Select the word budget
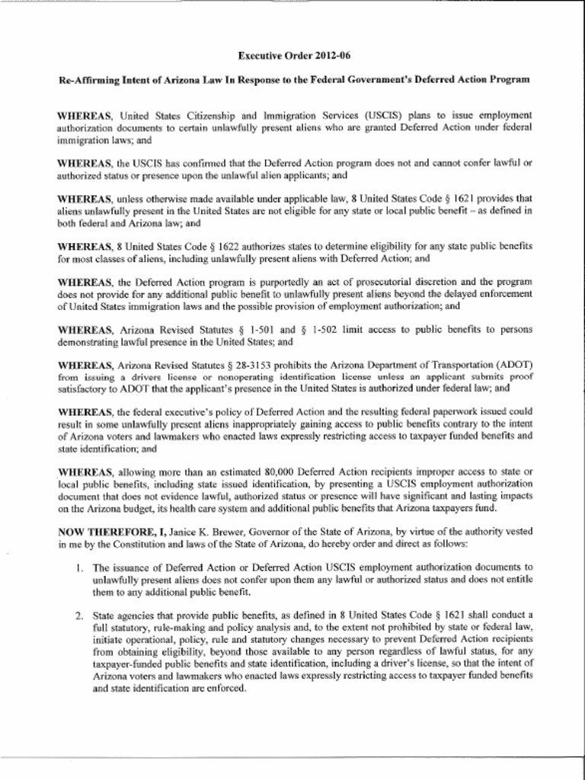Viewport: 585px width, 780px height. tap(157, 508)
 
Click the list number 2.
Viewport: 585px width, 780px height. tap(79, 615)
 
